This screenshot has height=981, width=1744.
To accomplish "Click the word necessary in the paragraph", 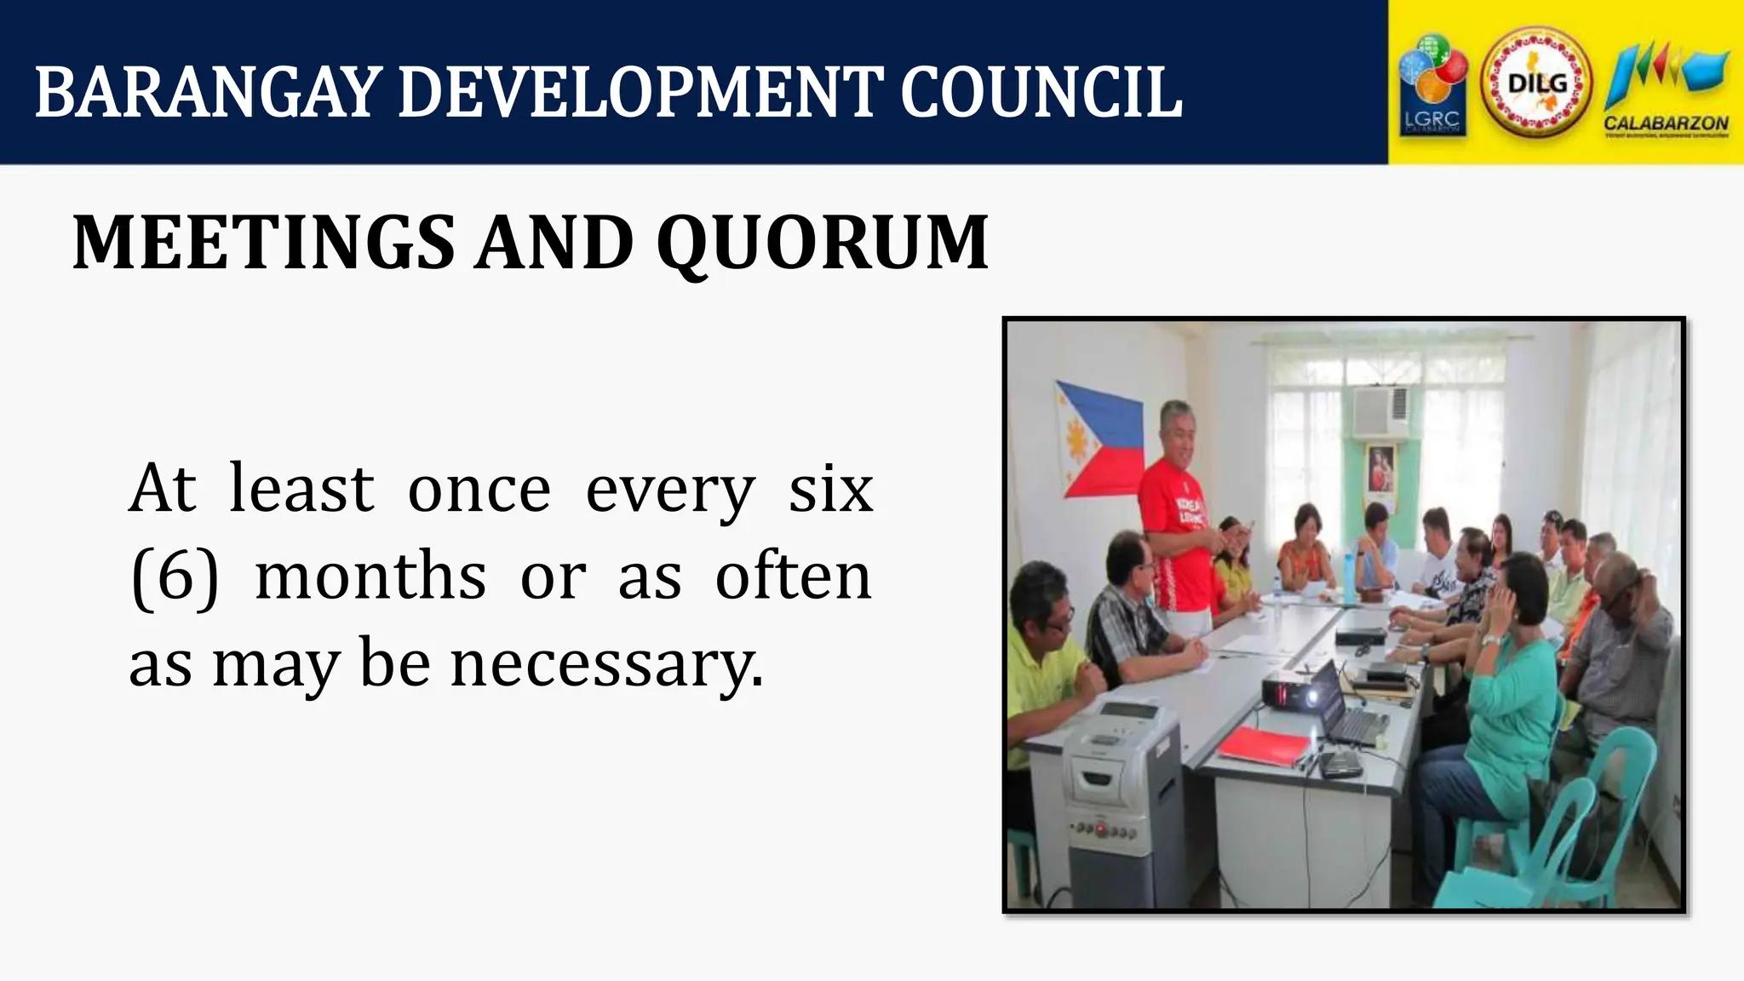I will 606,664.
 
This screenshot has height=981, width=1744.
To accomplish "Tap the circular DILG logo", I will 1536,83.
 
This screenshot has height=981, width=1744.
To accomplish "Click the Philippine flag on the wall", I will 1099,441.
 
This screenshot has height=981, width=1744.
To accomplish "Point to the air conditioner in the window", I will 1380,412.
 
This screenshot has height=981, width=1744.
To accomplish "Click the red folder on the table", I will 1264,746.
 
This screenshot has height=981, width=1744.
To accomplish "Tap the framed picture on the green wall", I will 1380,468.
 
